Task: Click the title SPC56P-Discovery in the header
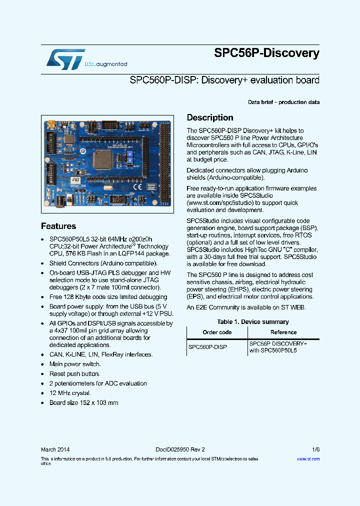pos(266,53)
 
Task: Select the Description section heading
pos(210,118)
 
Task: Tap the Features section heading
pos(58,226)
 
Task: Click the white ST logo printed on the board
pos(75,179)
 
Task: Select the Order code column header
pos(217,332)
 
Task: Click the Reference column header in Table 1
pos(283,332)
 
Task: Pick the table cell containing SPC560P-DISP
pos(207,346)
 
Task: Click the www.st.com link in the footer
pos(308,458)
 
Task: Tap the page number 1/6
pos(315,449)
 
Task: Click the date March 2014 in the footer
pos(55,449)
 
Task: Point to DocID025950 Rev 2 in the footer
pos(176,449)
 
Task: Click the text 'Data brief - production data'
pos(283,102)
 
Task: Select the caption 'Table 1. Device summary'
pos(252,322)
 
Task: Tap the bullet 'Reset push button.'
pos(74,374)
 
